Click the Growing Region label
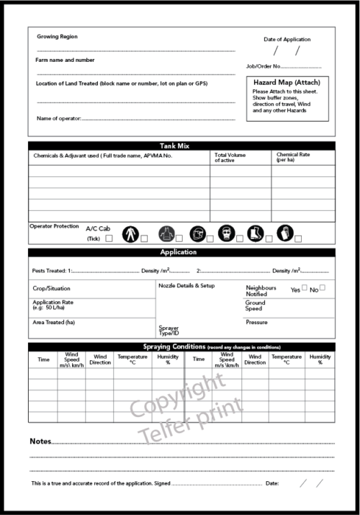pos(58,36)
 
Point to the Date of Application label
pos(287,39)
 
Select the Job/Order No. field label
pos(262,66)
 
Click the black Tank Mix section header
pos(181,146)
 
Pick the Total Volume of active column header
pos(230,157)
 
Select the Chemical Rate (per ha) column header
pos(293,157)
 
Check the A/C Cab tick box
pos(109,238)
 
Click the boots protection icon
pos(255,233)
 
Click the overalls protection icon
pos(130,233)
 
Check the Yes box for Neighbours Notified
pos(305,288)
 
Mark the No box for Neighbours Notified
pos(323,288)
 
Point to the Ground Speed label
pos(256,305)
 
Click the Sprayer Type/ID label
pos(168,331)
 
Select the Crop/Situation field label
pos(53,288)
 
